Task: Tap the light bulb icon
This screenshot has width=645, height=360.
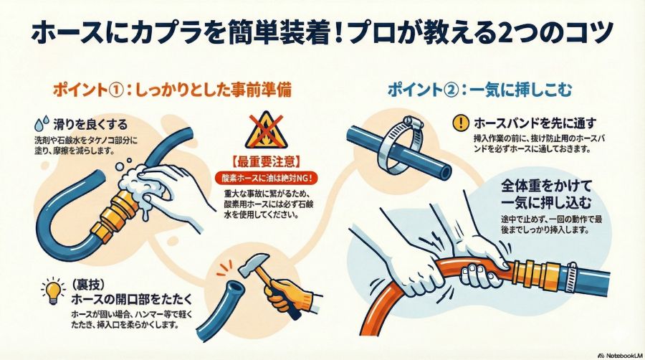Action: [52, 291]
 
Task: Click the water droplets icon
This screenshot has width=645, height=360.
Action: [42, 123]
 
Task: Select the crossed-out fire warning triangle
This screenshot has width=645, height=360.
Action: [266, 130]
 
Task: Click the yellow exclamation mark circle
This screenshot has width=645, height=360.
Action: [461, 123]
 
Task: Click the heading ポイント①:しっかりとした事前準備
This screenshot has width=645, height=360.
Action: [172, 90]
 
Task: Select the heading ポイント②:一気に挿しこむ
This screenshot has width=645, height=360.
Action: [479, 90]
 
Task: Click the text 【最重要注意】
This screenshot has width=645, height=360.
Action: [267, 161]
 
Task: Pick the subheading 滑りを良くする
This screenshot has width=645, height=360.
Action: [90, 124]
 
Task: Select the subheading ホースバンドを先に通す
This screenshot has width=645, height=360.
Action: [535, 123]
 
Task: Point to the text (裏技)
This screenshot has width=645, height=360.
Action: [87, 285]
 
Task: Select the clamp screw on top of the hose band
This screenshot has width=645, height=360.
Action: [413, 121]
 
